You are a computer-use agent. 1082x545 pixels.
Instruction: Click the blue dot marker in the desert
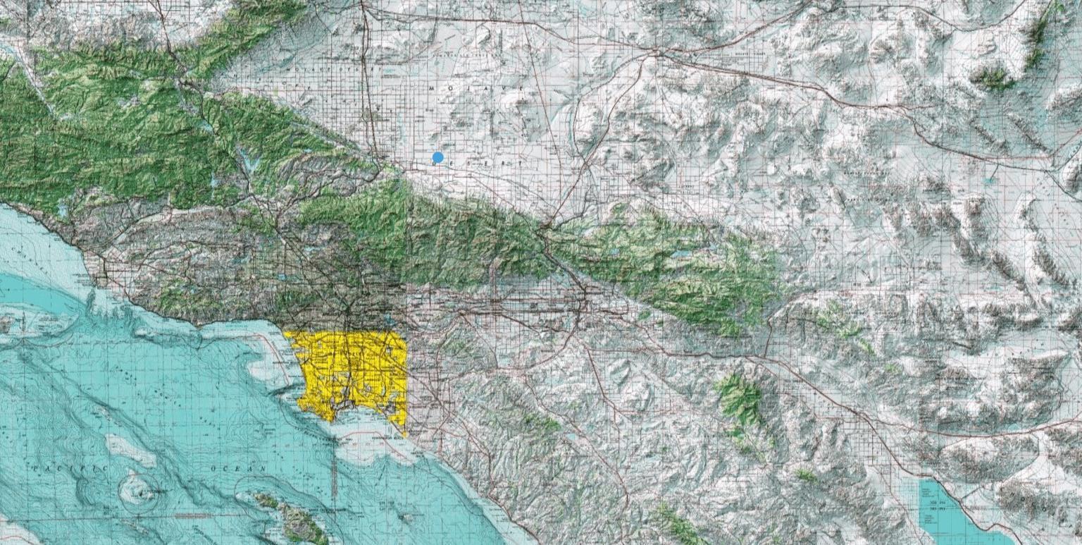[x=438, y=157]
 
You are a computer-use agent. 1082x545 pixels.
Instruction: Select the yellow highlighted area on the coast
[x=352, y=370]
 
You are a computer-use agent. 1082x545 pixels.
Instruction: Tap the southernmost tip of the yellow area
[x=405, y=433]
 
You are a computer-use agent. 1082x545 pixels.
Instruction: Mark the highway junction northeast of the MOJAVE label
[x=656, y=54]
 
